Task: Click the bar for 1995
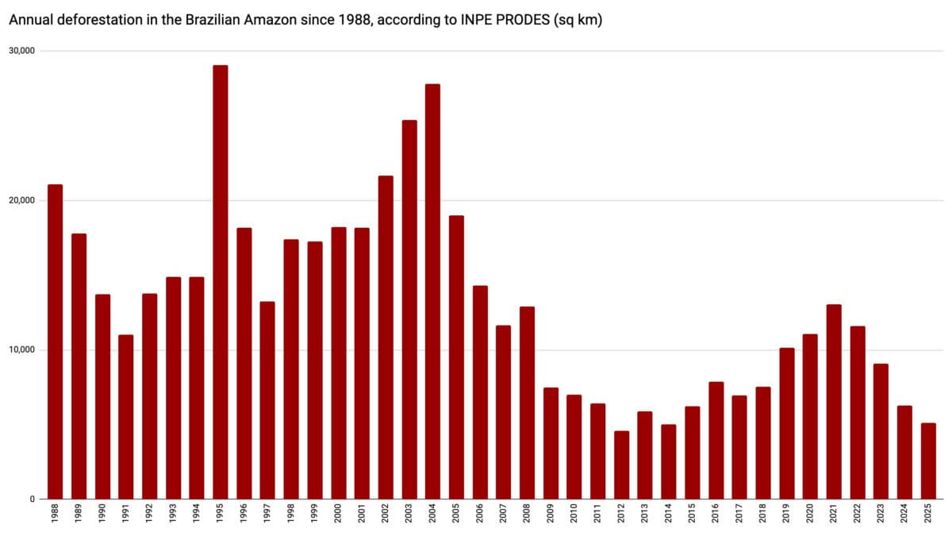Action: click(x=220, y=282)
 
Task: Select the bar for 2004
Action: click(x=432, y=291)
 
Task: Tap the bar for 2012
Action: click(x=621, y=465)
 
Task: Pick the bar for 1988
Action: click(x=55, y=341)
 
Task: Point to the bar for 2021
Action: click(x=833, y=402)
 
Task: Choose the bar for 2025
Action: click(x=927, y=461)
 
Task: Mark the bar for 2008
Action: click(x=527, y=403)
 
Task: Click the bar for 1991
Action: click(x=125, y=417)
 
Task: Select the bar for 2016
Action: click(x=716, y=441)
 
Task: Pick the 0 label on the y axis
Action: click(x=33, y=499)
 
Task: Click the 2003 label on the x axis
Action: click(x=409, y=517)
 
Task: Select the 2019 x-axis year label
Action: click(x=786, y=517)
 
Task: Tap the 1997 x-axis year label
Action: click(x=267, y=517)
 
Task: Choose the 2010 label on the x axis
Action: click(x=574, y=517)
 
